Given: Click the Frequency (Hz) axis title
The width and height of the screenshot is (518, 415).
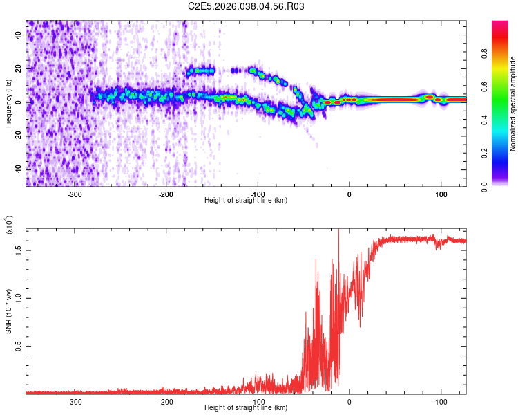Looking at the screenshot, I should [9, 104].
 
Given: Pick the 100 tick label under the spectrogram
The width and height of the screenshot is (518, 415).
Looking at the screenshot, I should [441, 194].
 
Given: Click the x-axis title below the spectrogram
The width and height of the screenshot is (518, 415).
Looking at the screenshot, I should [246, 201].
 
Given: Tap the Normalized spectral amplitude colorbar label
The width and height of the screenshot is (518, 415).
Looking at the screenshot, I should [513, 104].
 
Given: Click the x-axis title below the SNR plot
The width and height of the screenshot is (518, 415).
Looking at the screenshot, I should [246, 408].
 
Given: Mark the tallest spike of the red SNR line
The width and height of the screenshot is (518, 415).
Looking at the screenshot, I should [338, 231].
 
